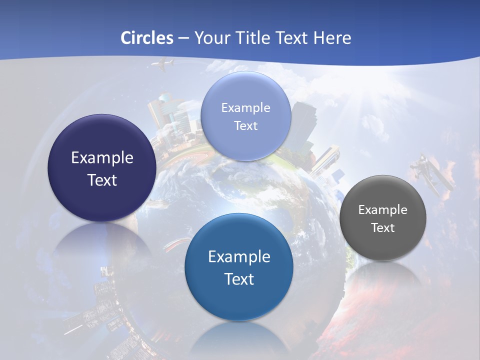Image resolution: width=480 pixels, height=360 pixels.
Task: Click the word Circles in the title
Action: [x=147, y=38]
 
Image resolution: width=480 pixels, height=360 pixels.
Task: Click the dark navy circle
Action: [x=102, y=168]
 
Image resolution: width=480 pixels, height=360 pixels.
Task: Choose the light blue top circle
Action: [x=245, y=116]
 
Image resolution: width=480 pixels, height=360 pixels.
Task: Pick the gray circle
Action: [x=382, y=218]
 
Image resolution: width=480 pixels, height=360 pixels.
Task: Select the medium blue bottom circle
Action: [x=239, y=267]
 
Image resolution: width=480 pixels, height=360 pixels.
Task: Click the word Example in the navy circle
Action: [x=102, y=158]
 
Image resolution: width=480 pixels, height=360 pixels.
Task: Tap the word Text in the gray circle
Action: [x=382, y=228]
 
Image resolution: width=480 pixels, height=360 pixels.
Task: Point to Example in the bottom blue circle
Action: [x=239, y=257]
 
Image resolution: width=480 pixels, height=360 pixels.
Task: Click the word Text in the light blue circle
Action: [x=245, y=126]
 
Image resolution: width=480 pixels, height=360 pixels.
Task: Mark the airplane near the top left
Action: [x=163, y=64]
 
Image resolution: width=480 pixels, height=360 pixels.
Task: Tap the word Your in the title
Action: [x=212, y=38]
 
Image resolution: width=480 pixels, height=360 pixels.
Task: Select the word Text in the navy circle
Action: [x=102, y=180]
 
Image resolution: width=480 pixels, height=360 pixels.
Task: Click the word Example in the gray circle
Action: [x=382, y=210]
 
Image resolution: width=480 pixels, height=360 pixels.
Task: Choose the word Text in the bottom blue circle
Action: [x=239, y=279]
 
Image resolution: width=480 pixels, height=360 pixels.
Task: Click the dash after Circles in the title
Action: [x=184, y=38]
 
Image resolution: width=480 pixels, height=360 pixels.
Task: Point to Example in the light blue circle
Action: [x=245, y=108]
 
